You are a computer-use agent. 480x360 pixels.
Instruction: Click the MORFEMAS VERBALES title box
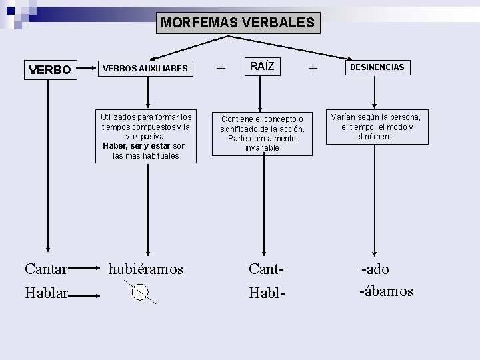coord(237,23)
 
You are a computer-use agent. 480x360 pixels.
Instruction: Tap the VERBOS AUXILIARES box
coord(145,68)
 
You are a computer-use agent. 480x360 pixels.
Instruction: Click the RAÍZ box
coord(262,67)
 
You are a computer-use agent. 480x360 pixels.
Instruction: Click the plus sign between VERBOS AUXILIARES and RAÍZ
coord(221,68)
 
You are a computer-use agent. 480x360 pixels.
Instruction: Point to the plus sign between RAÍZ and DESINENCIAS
coord(313,67)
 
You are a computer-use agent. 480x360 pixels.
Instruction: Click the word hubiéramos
coord(146,269)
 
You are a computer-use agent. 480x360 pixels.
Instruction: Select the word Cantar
coord(45,269)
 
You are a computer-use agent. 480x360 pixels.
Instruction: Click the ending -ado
coord(375,269)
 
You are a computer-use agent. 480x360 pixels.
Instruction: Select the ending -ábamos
coord(386,291)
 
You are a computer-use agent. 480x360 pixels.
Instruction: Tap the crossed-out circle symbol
coord(140,292)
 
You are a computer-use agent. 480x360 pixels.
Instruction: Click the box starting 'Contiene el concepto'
coord(262,133)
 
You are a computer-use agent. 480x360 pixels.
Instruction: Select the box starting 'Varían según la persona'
coord(377,127)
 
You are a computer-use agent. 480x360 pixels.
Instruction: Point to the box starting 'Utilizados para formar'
coord(146,136)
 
